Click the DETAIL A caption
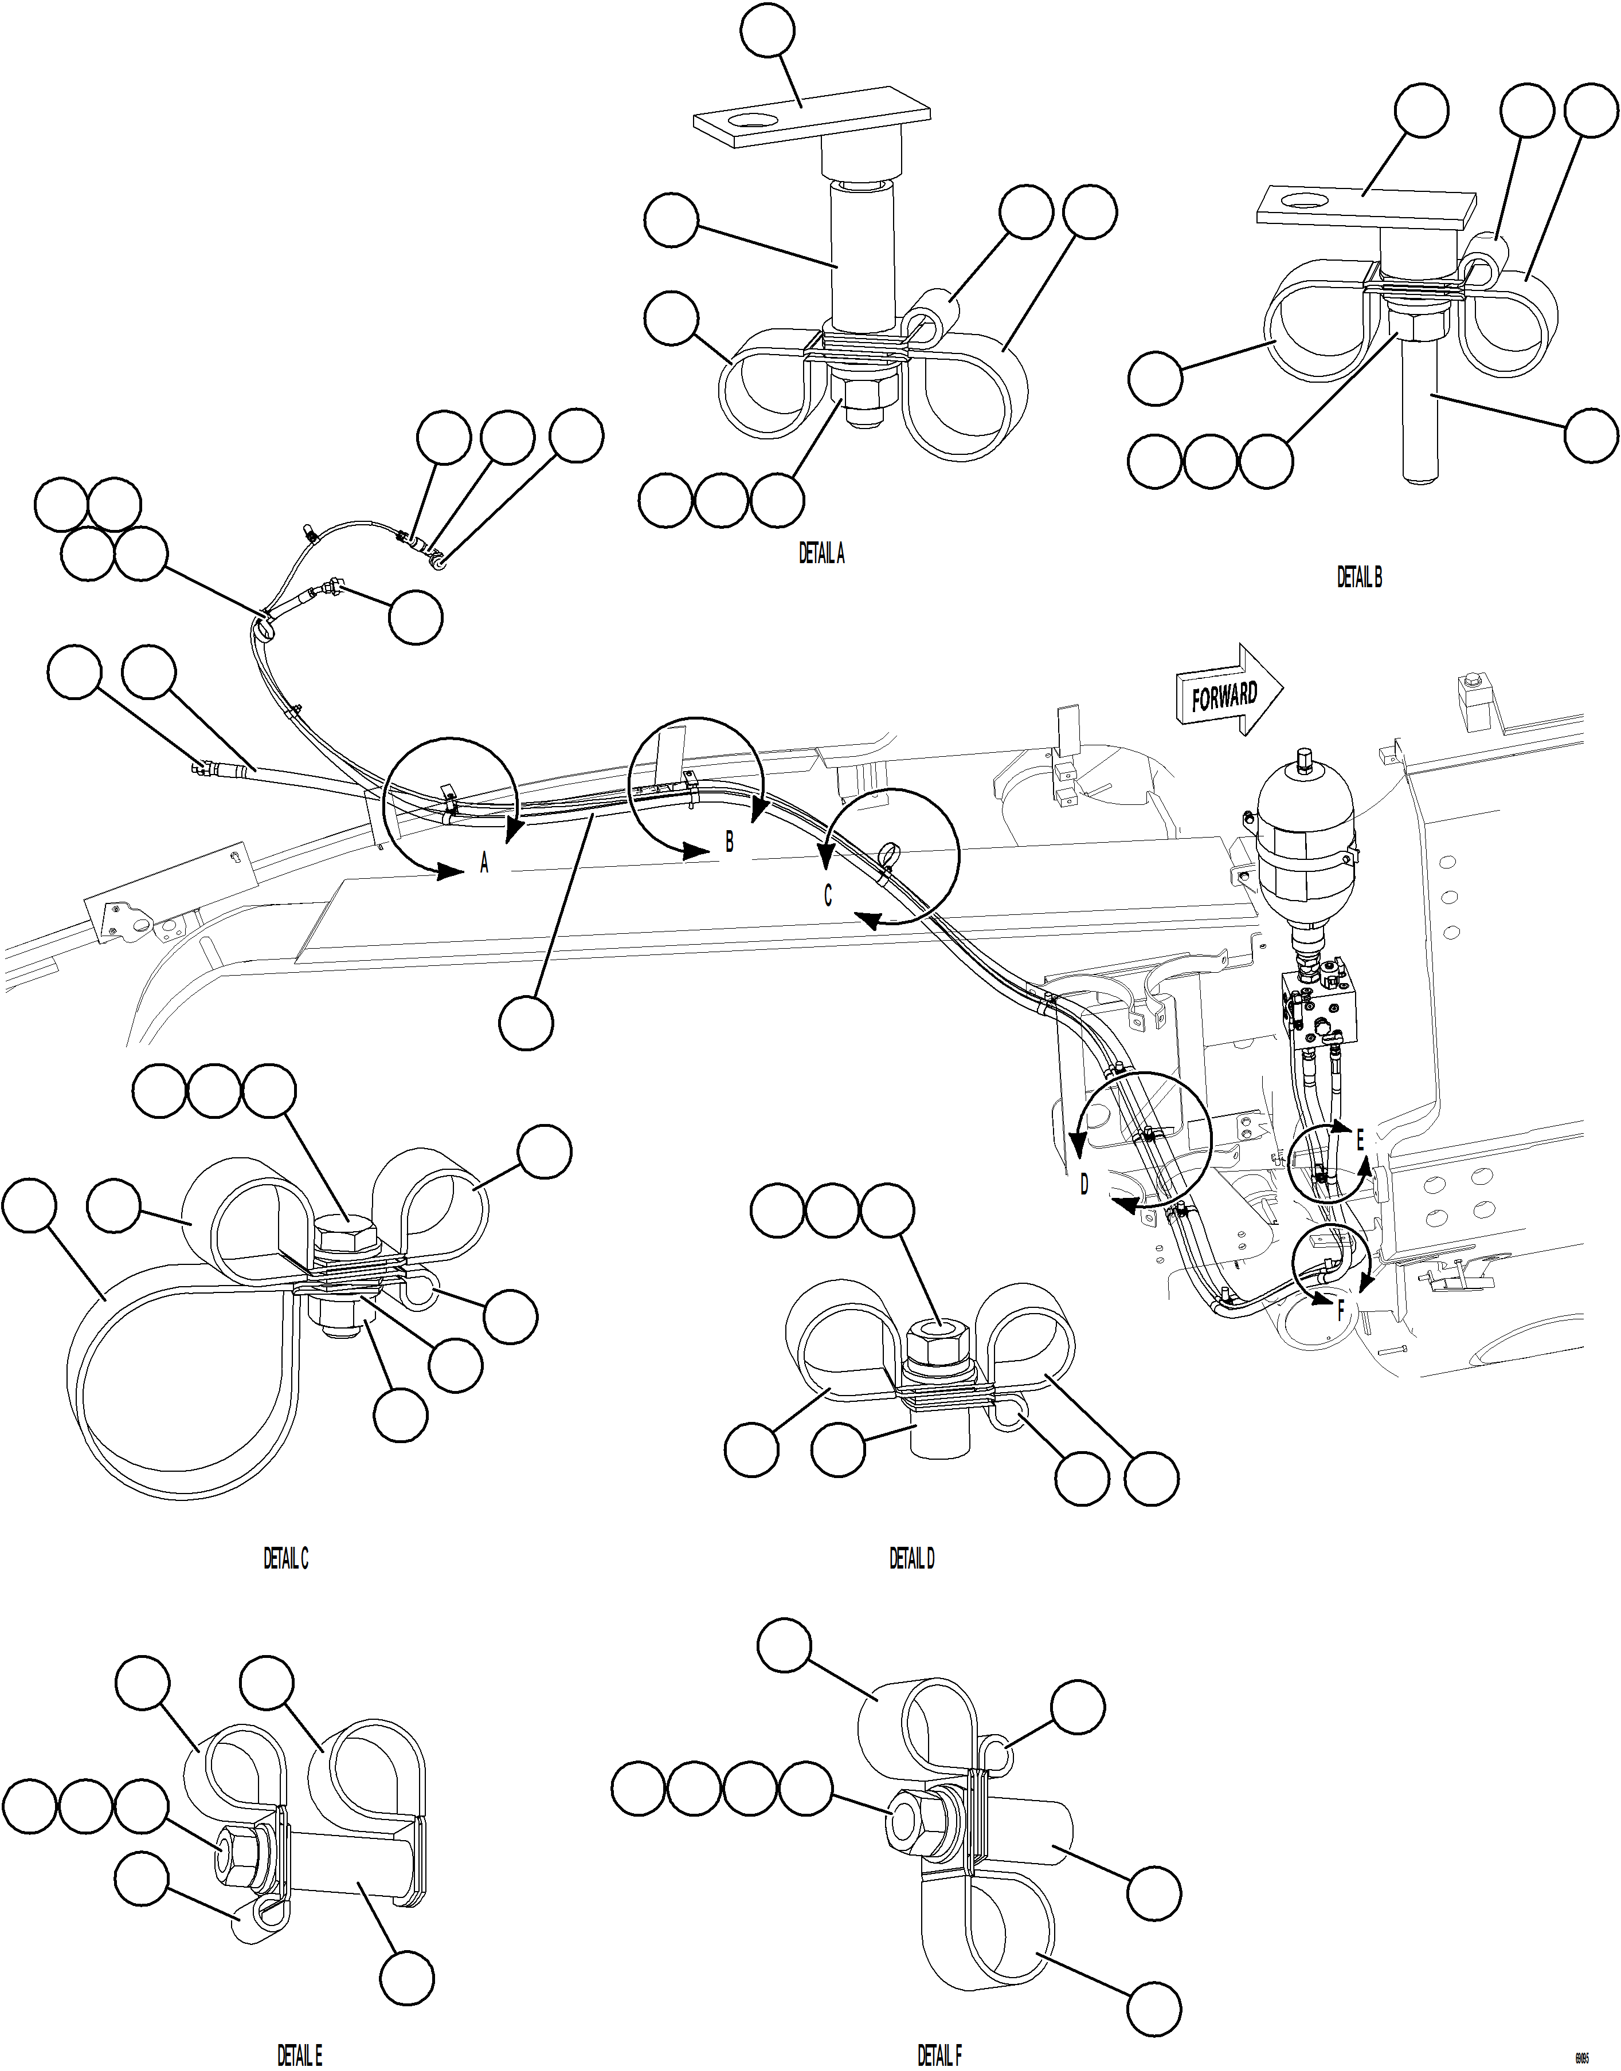point(821,554)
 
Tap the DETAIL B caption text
point(1359,577)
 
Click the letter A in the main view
point(484,863)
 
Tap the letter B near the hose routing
point(729,842)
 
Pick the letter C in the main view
point(828,895)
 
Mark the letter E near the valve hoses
point(1359,1140)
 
